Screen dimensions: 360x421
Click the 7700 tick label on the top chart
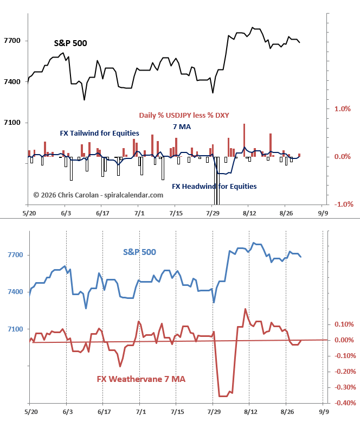click(x=12, y=41)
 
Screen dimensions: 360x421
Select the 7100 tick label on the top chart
click(x=12, y=123)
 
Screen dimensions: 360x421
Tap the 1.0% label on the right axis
click(x=343, y=109)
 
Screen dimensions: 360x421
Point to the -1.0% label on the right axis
click(x=344, y=205)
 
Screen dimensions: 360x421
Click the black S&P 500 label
click(x=70, y=43)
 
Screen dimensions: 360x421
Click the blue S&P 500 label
click(x=139, y=252)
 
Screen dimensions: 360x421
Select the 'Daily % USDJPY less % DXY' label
click(x=184, y=116)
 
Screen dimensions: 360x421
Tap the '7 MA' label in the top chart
click(x=182, y=127)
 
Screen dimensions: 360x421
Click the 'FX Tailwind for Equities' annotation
click(x=100, y=133)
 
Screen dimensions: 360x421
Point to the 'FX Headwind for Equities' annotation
click(x=214, y=186)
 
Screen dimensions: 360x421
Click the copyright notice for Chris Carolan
click(x=98, y=195)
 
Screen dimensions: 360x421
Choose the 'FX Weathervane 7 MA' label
click(x=141, y=379)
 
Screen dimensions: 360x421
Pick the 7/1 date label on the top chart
click(x=139, y=213)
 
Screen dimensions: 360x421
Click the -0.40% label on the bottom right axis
click(x=345, y=403)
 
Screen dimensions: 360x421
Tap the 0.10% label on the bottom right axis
click(x=344, y=324)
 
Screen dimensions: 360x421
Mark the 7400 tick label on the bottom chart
click(x=15, y=292)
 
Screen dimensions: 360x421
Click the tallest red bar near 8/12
click(x=244, y=140)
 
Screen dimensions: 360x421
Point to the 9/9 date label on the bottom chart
click(x=324, y=412)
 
